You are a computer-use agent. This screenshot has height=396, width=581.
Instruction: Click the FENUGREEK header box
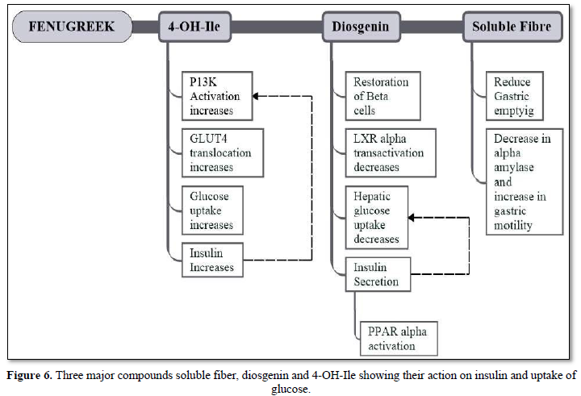[72, 27]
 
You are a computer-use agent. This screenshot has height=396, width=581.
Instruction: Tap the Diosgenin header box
[361, 27]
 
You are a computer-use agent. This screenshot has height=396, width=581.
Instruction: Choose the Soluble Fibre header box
[512, 27]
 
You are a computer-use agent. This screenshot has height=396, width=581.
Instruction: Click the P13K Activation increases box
[217, 95]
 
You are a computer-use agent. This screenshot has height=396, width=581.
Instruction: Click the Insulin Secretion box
[378, 274]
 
